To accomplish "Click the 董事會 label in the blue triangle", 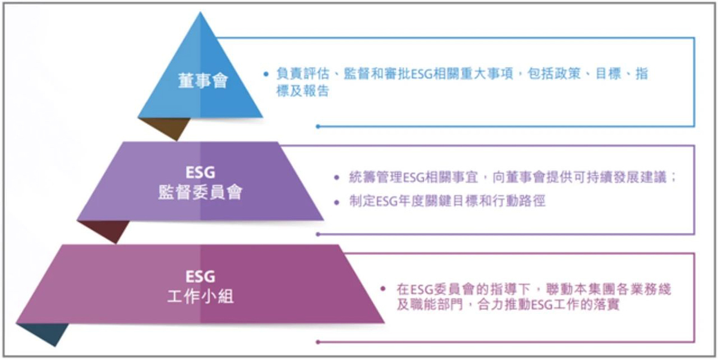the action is coord(203,81).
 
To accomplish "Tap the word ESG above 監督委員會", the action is coord(200,173).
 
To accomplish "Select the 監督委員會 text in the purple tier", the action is coord(200,193).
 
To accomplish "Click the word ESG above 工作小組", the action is coord(200,276).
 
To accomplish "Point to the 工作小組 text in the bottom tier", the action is coord(200,297).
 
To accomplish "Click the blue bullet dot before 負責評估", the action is coord(266,74).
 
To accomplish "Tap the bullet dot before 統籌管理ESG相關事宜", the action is coord(336,178).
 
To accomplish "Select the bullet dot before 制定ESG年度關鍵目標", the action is coord(336,202).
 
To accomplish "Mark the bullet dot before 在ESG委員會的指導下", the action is coord(383,289).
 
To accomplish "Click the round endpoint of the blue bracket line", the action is coord(318,127).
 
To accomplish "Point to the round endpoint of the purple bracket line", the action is coord(318,234).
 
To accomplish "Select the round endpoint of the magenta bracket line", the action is coord(318,342).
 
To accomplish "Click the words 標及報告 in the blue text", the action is coord(303,91).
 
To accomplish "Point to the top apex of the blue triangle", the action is coord(200,12).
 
